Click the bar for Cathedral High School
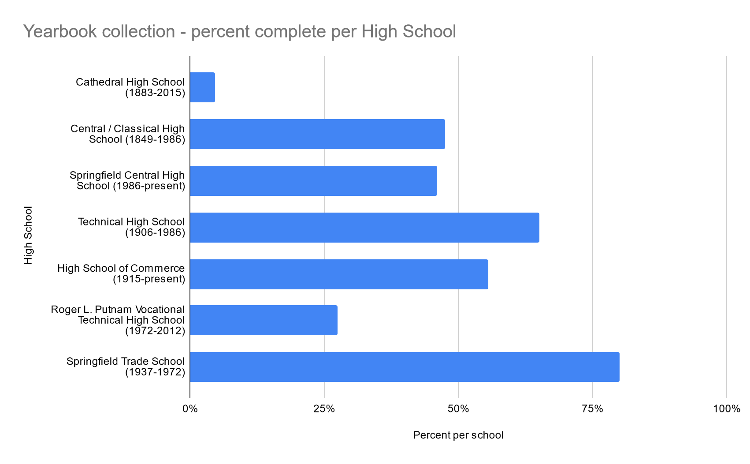203,87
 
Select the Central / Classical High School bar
317,134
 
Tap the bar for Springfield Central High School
313,181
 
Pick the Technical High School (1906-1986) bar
364,228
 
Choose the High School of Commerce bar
339,274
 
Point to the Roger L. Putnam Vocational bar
264,320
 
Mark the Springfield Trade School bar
405,367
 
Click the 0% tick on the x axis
190,409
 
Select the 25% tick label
324,409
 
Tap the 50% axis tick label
458,409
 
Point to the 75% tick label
593,409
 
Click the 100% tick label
727,409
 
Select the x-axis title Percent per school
458,435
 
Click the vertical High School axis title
29,235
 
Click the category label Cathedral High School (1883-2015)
130,87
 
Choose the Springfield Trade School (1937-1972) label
126,367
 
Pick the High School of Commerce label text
121,274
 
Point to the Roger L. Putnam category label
118,320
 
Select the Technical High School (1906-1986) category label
131,227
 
